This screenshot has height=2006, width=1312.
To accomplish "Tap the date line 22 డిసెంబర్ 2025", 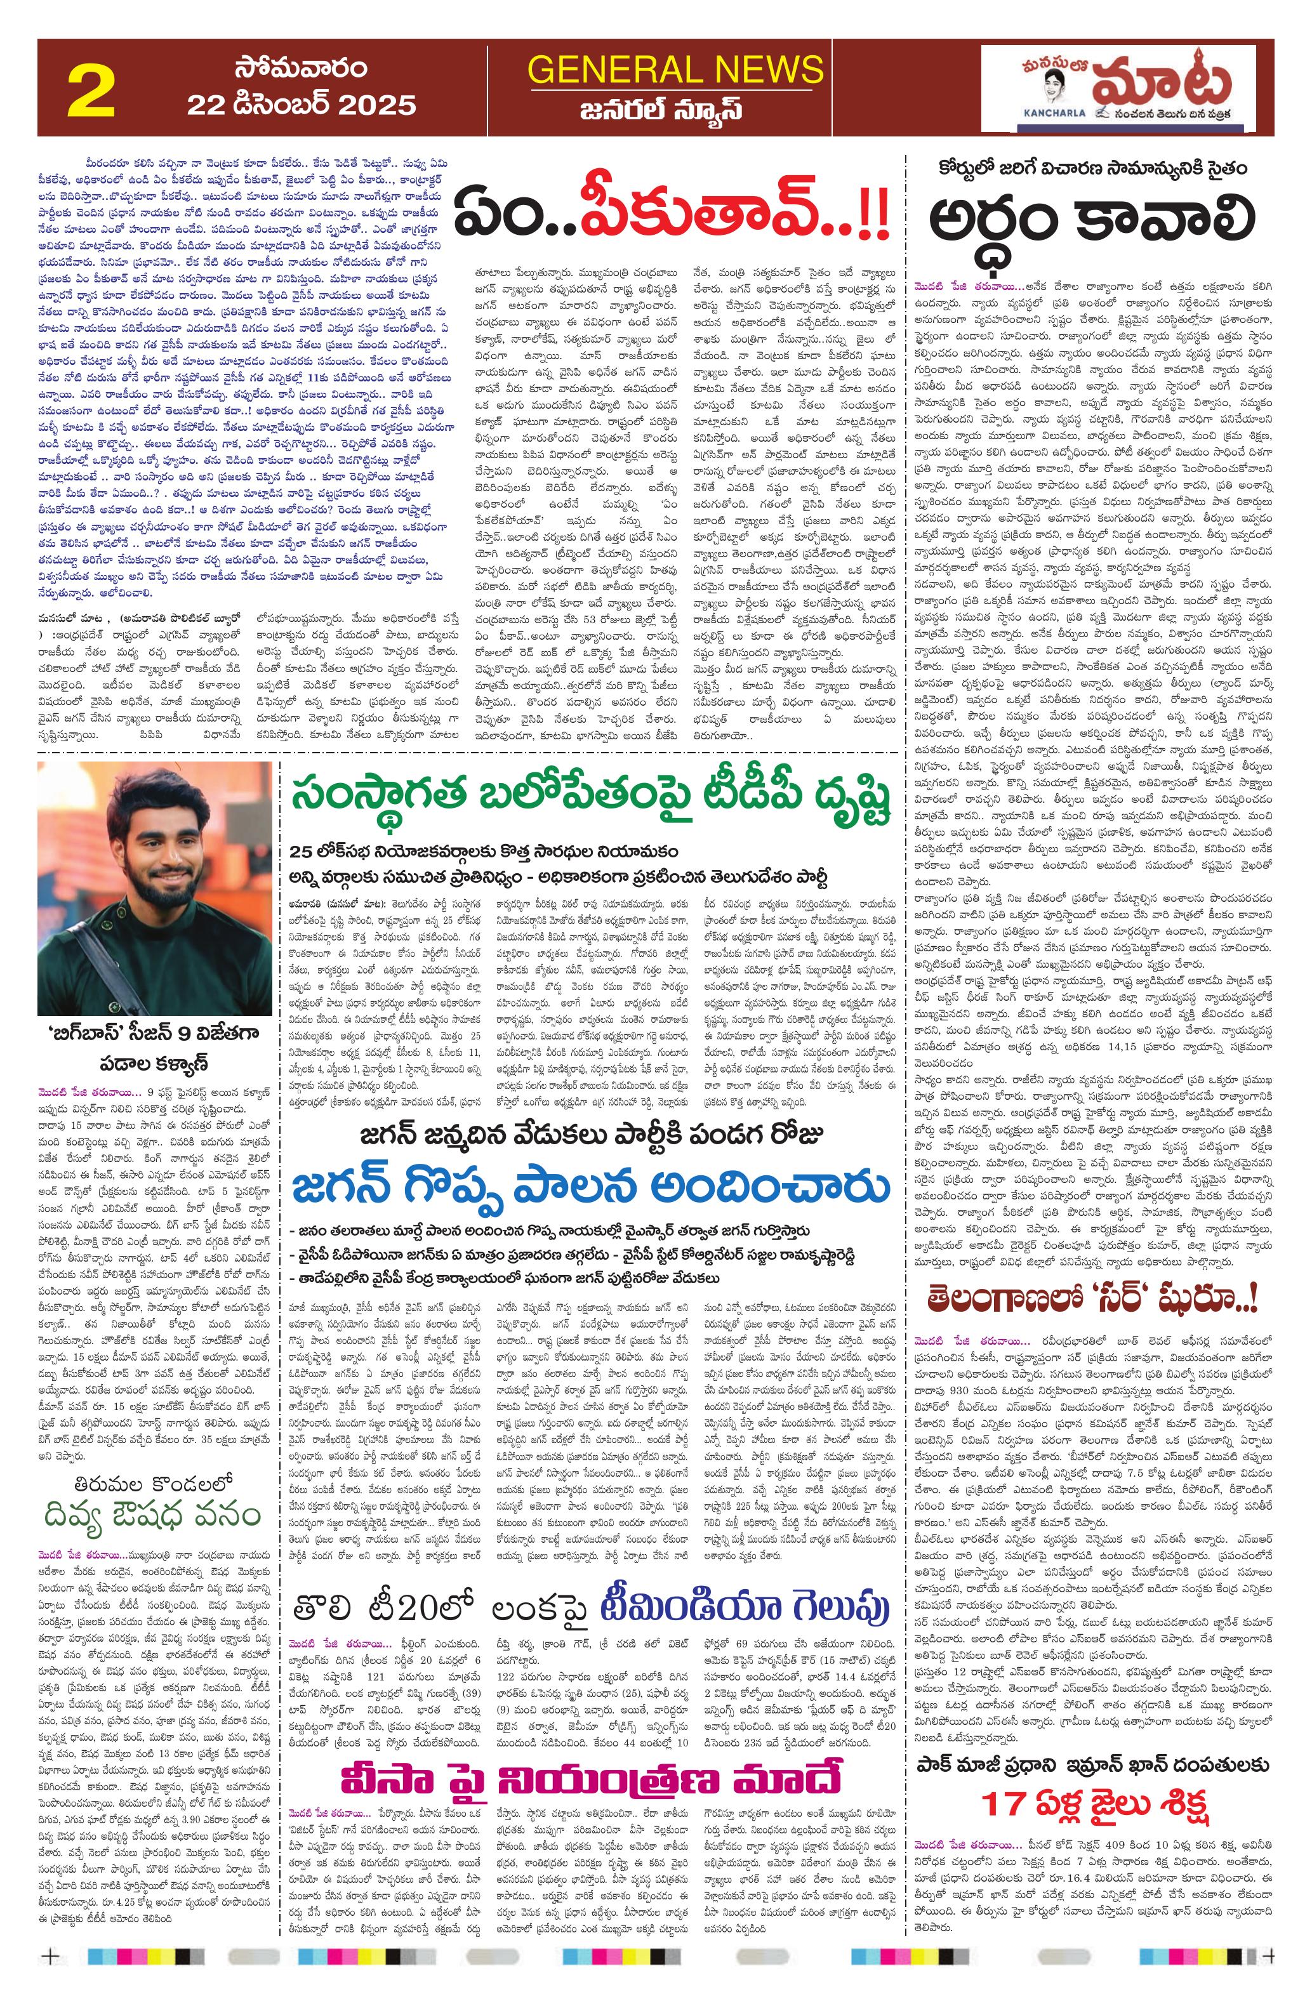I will [301, 105].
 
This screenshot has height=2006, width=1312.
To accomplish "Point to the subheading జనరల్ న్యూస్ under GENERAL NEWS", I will [675, 110].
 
